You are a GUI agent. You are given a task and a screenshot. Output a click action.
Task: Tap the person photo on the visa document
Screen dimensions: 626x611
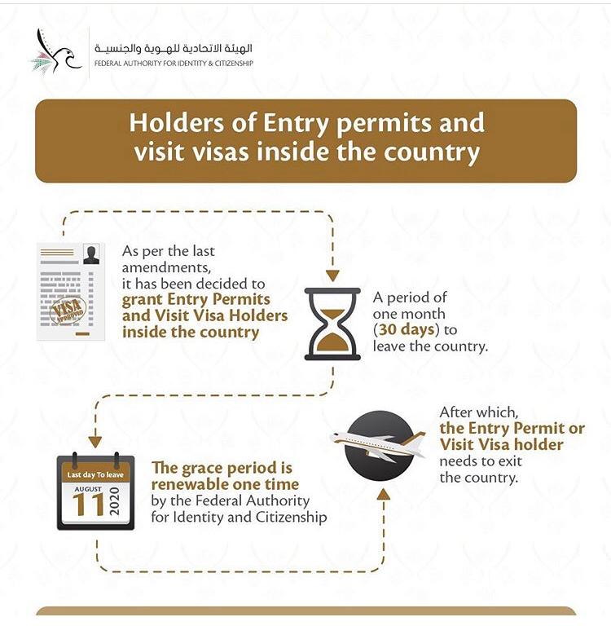(91, 255)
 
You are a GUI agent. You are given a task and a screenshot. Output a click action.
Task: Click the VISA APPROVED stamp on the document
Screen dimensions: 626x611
(68, 311)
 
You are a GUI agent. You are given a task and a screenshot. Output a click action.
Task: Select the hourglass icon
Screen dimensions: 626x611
(332, 324)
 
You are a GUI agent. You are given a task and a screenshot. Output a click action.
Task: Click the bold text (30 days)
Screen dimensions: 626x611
(411, 330)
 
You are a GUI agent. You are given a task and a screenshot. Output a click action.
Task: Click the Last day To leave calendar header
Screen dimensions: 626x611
(96, 474)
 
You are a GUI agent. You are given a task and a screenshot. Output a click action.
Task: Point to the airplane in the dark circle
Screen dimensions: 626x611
(379, 445)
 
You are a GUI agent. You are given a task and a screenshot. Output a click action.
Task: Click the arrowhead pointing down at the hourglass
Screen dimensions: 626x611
(332, 275)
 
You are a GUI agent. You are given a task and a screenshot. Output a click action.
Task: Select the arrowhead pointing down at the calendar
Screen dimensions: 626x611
(95, 441)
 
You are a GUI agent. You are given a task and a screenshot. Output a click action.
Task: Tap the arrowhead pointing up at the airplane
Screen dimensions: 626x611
(383, 494)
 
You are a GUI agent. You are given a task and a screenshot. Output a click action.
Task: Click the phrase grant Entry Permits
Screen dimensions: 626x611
(196, 299)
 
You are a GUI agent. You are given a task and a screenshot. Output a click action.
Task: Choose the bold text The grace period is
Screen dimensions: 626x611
(222, 469)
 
